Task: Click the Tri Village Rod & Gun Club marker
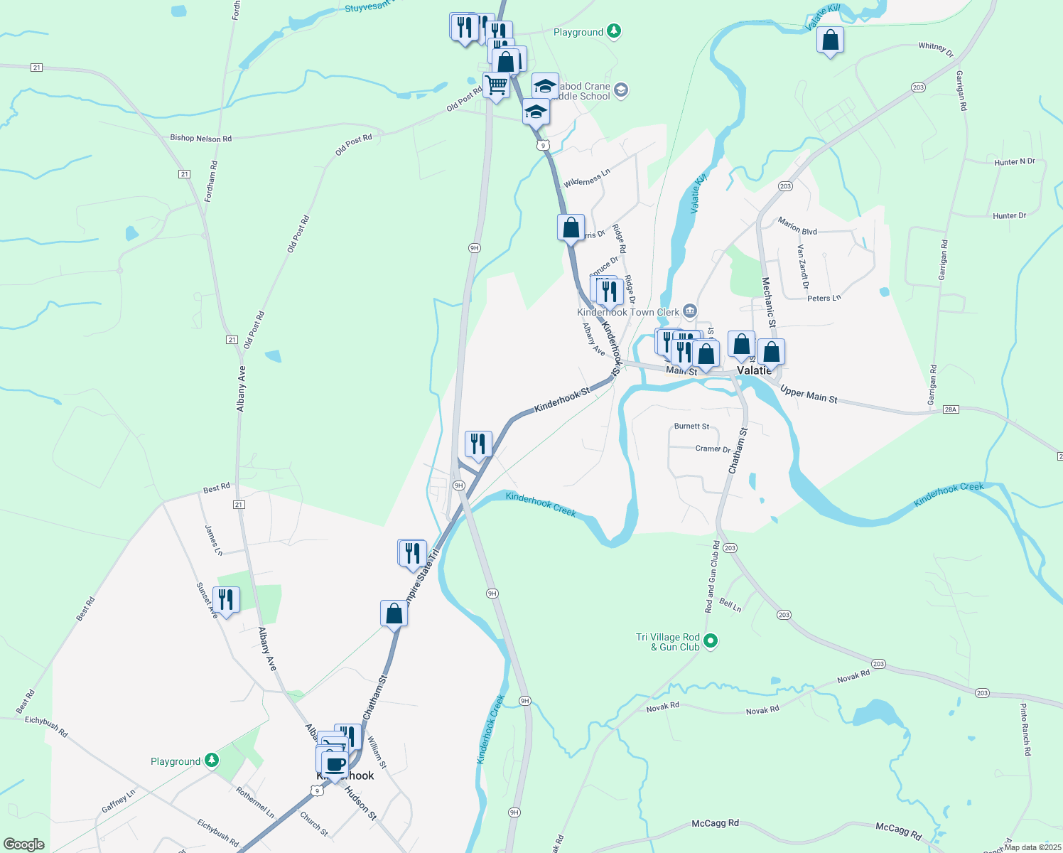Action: coord(711,641)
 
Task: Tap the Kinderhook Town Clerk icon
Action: coord(689,311)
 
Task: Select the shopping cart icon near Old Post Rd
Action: coord(496,85)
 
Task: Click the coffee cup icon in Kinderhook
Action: coord(335,765)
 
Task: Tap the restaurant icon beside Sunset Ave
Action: coord(225,600)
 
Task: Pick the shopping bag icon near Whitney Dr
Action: coord(830,41)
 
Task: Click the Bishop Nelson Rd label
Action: coord(200,138)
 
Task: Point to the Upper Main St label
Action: coord(809,395)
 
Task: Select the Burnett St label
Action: coord(691,426)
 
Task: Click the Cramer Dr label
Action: coord(713,449)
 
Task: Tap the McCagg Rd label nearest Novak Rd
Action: coord(715,823)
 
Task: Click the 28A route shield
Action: coord(951,409)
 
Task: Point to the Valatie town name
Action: coord(754,370)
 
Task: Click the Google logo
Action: coord(24,844)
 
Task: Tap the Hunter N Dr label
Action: coord(1014,162)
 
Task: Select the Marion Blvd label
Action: coord(797,226)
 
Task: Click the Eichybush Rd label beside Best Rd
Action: coord(46,726)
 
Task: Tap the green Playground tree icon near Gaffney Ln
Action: coord(212,761)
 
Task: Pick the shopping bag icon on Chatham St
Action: coord(394,613)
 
